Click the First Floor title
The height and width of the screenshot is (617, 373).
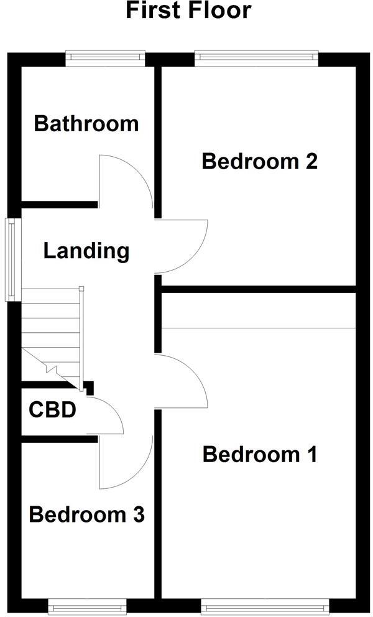pos(188,11)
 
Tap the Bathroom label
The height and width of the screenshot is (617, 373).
pos(86,123)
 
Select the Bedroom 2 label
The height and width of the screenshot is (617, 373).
pos(260,162)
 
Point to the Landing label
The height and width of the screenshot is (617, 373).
pos(86,251)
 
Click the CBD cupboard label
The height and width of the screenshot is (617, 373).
pos(52,411)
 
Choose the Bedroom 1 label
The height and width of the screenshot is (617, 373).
pos(260,455)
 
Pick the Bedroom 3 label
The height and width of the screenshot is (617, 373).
pos(87,515)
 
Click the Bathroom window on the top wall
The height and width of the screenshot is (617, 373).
pos(106,58)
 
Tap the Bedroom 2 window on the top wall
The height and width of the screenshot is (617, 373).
pos(257,58)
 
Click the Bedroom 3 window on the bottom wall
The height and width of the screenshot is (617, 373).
pos(87,606)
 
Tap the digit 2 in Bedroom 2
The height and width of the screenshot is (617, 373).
pos(311,162)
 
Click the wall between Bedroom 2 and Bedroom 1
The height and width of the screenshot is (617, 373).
pos(258,289)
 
